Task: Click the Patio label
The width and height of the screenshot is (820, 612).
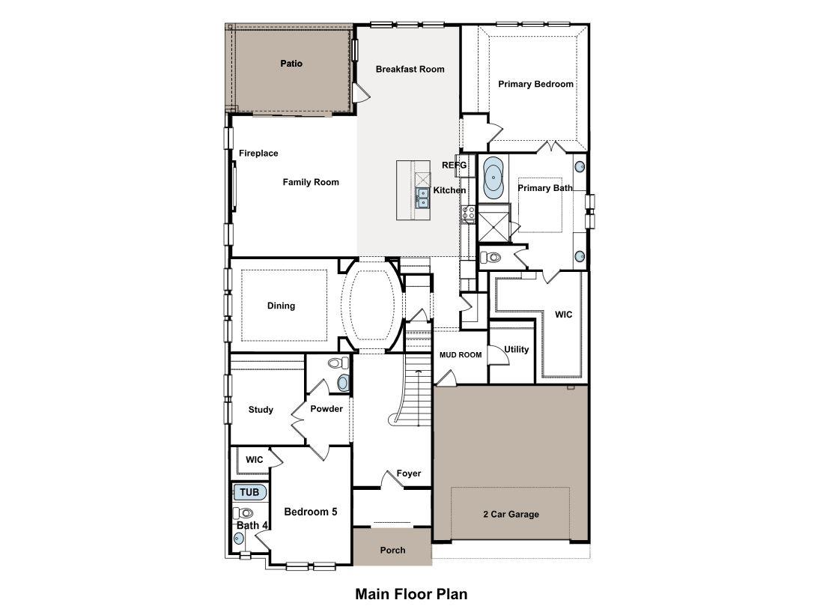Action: pyautogui.click(x=291, y=64)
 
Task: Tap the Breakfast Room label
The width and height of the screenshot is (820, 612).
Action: pyautogui.click(x=410, y=69)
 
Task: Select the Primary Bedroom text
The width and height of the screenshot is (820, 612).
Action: pyautogui.click(x=535, y=84)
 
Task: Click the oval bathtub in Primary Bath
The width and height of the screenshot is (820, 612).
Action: pyautogui.click(x=494, y=178)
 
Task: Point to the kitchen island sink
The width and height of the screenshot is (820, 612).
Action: pyautogui.click(x=422, y=197)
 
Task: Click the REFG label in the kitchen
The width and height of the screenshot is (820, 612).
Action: pyautogui.click(x=454, y=165)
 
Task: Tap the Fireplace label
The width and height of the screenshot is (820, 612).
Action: pyautogui.click(x=258, y=153)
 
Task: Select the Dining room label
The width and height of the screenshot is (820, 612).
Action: pyautogui.click(x=281, y=306)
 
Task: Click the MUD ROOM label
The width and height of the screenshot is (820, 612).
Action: pyautogui.click(x=460, y=355)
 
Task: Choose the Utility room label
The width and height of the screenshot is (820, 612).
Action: pyautogui.click(x=516, y=349)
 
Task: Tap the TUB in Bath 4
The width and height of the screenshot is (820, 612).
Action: pyautogui.click(x=249, y=492)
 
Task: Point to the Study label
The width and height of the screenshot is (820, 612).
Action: pyautogui.click(x=261, y=410)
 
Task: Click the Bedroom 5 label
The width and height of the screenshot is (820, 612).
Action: pyautogui.click(x=310, y=512)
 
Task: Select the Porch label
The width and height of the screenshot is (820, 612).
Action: pyautogui.click(x=392, y=550)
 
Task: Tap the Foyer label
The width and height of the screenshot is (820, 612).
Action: pyautogui.click(x=409, y=473)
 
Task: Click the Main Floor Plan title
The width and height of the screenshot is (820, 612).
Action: pyautogui.click(x=411, y=594)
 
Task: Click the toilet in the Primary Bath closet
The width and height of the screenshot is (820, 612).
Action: pyautogui.click(x=491, y=258)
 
